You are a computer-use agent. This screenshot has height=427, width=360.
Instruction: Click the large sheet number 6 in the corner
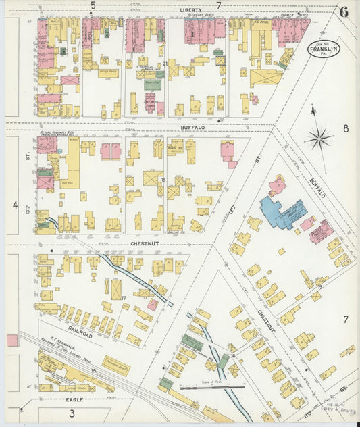pos(344,11)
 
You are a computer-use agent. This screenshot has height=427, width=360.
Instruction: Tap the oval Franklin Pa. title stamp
pos(324,49)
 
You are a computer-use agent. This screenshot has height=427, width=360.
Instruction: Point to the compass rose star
pos(317,140)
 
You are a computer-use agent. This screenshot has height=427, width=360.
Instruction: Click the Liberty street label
pos(191,11)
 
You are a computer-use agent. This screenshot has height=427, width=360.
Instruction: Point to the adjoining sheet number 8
pos(344,128)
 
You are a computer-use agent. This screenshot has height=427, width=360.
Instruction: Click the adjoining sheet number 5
pos(93,5)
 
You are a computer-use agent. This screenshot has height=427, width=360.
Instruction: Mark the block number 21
pos(165,64)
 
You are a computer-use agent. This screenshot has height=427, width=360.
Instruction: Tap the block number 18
pos(163,179)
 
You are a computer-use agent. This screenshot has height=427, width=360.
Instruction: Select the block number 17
pos(124,298)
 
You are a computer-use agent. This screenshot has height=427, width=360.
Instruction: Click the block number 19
pos(319,286)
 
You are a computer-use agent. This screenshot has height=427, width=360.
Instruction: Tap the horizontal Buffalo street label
pos(192,127)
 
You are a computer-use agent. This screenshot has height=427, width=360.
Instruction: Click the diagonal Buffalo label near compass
pos(317,181)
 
